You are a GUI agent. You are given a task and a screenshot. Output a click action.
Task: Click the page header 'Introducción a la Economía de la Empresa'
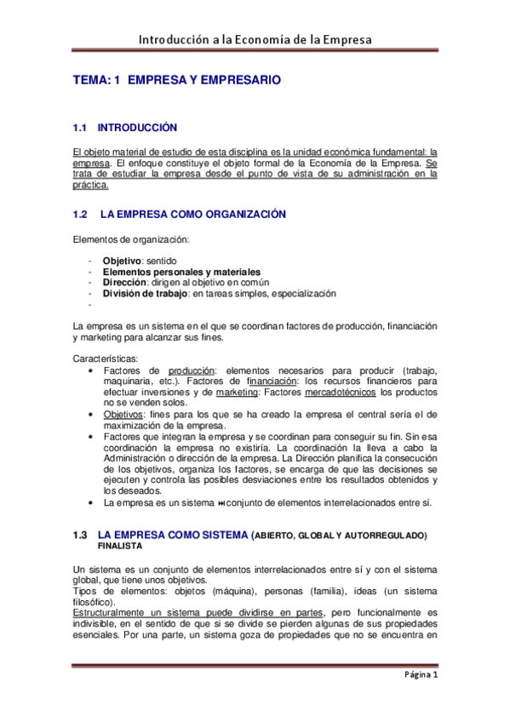tap(255, 39)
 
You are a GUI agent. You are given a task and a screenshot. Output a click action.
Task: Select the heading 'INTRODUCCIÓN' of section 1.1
tap(137, 128)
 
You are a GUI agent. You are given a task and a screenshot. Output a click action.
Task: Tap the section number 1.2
tap(82, 214)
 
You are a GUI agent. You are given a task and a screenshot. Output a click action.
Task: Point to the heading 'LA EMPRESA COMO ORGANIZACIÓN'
tap(193, 214)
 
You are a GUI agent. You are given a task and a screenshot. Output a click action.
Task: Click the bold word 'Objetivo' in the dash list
tap(122, 260)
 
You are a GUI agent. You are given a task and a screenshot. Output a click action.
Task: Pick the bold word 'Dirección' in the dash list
tap(125, 283)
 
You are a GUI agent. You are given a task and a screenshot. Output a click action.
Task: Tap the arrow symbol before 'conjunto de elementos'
tap(226, 502)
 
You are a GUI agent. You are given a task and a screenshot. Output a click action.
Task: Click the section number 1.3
tap(81, 535)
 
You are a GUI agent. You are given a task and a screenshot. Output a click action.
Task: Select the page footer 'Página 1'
tap(420, 676)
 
